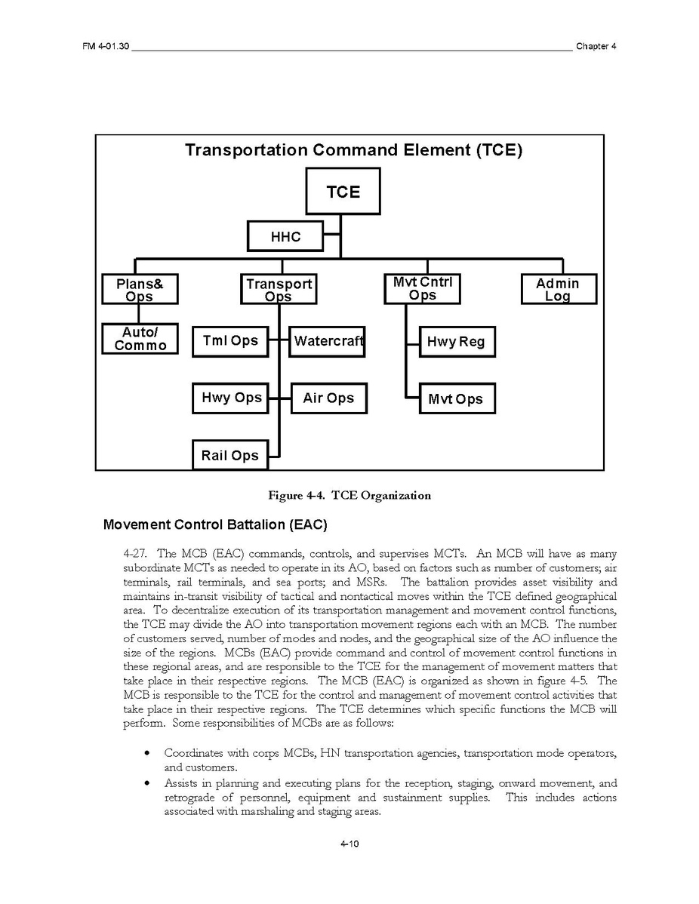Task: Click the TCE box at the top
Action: [343, 192]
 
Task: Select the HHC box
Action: [285, 236]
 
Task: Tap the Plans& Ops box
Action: [140, 289]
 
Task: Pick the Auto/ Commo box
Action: [140, 339]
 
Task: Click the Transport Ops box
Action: [279, 289]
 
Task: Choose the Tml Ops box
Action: [229, 341]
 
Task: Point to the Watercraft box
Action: [328, 341]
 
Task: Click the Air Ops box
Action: [328, 398]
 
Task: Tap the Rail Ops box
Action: [229, 455]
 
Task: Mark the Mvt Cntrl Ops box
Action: [422, 288]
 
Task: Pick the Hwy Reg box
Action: [457, 342]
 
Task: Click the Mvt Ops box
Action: [457, 399]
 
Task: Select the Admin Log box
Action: [558, 289]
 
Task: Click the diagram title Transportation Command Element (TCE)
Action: [353, 149]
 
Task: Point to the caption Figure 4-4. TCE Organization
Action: [349, 496]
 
